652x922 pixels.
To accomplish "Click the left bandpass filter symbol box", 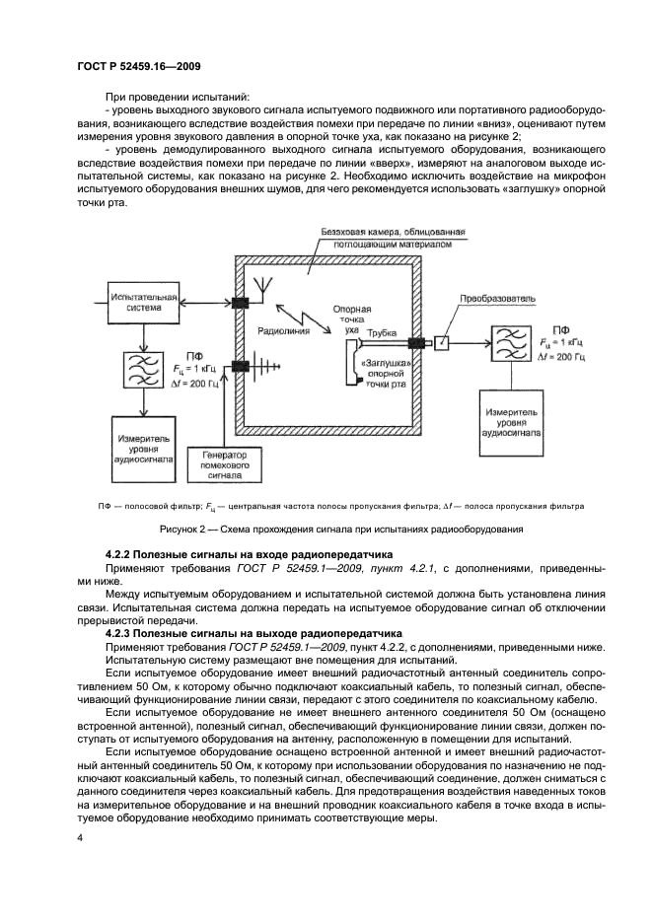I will point(144,370).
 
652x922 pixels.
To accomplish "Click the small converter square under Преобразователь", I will point(442,342).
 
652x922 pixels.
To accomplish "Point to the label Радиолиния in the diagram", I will point(284,332).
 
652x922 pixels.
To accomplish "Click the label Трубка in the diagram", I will point(382,335).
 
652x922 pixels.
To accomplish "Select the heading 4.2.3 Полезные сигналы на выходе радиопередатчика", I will point(253,631).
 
